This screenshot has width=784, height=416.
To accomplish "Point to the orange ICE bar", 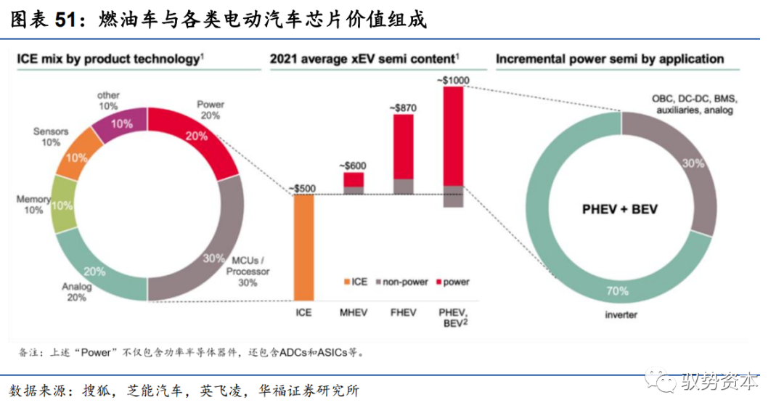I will click(303, 247).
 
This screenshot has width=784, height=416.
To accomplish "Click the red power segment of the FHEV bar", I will click(403, 145).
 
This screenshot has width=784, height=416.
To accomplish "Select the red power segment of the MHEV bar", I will click(354, 179).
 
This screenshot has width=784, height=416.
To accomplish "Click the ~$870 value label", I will click(403, 107).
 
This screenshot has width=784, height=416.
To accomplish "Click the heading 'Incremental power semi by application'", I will click(610, 59).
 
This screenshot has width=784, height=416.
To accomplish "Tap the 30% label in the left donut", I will click(214, 258).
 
